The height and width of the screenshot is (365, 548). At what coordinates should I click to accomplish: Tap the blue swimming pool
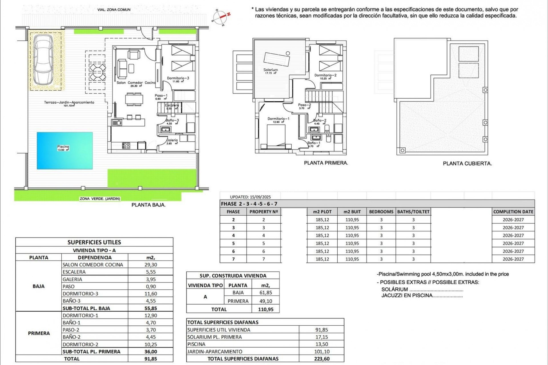tap(65, 150)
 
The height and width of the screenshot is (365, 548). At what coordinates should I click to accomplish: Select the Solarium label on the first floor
tap(270, 70)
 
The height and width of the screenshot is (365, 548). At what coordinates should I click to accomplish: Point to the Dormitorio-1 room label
tap(278, 119)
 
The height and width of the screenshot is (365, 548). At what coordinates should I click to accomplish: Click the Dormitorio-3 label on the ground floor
tap(178, 78)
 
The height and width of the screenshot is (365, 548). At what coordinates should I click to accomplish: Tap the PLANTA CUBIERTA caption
tap(467, 164)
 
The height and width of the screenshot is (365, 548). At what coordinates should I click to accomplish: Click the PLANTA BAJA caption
tap(148, 205)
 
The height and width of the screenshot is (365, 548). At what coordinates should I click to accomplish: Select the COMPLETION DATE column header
tap(513, 212)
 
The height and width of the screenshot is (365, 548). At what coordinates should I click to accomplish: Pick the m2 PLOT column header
tap(322, 212)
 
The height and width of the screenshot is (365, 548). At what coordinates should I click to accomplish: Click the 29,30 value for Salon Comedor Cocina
tap(150, 265)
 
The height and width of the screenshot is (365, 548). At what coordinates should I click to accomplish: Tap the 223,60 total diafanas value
tap(322, 359)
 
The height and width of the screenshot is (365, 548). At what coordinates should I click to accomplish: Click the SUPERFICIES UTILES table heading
tap(94, 242)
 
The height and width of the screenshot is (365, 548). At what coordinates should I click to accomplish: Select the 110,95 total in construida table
tap(265, 309)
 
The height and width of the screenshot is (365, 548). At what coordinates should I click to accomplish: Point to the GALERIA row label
tap(72, 279)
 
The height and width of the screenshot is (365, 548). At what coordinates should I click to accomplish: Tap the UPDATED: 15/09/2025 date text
tap(250, 197)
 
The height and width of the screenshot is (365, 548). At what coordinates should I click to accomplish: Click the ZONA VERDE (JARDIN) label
tap(100, 199)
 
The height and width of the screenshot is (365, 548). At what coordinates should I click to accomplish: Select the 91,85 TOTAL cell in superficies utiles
tap(150, 359)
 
